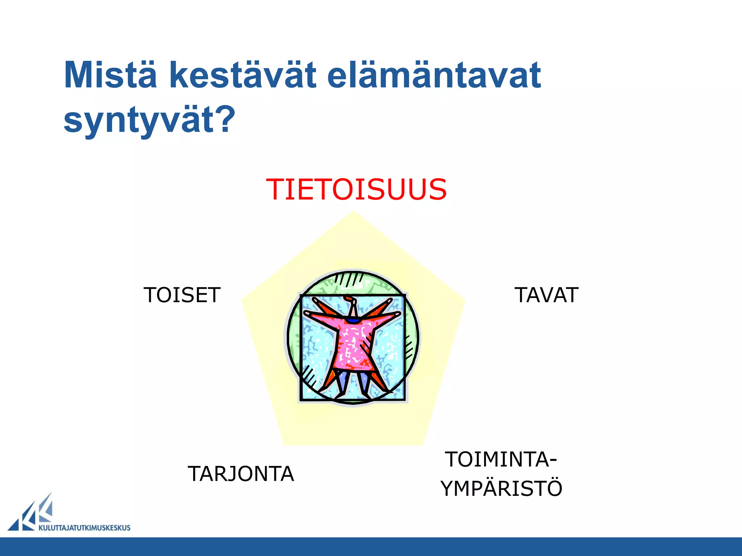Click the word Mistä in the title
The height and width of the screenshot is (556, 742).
click(111, 75)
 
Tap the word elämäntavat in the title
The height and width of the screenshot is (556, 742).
click(434, 75)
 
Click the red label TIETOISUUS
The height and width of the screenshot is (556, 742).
click(357, 189)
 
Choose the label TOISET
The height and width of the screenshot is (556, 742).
click(182, 295)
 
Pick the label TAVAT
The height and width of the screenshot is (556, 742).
click(546, 295)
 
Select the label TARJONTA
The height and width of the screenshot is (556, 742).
click(241, 474)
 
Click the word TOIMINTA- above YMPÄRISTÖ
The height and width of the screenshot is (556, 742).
click(501, 459)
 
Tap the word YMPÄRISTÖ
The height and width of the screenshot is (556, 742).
click(501, 488)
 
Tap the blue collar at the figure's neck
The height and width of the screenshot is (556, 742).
click(352, 321)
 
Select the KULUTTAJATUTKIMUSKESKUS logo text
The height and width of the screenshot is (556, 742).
click(84, 528)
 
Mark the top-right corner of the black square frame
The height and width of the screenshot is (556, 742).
click(404, 296)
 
